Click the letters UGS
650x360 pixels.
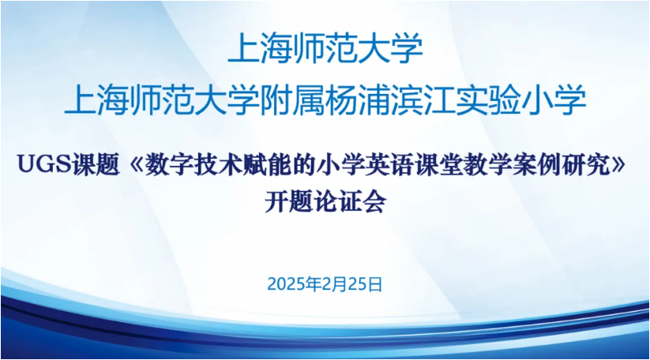point(45,164)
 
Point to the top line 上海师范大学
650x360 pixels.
point(325,48)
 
